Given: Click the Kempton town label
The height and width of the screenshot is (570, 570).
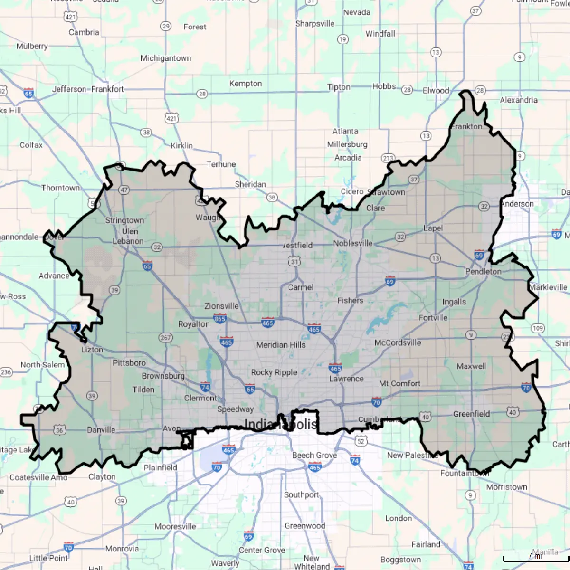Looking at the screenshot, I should click(x=246, y=84).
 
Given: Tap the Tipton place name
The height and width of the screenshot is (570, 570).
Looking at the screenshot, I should click(x=339, y=87).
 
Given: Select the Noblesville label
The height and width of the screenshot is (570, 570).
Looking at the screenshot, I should click(x=352, y=243).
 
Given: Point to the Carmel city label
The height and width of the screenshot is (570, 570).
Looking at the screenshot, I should click(x=301, y=287).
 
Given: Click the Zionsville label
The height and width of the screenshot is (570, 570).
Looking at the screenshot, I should click(x=221, y=306).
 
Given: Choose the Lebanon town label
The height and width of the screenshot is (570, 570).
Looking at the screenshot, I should click(x=128, y=241).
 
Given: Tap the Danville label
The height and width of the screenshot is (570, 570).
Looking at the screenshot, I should click(x=101, y=430).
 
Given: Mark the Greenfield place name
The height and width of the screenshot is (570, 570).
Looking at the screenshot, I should click(x=471, y=414).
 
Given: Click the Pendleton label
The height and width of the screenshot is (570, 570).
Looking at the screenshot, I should click(x=483, y=271).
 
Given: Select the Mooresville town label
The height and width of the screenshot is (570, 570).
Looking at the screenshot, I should click(x=175, y=526).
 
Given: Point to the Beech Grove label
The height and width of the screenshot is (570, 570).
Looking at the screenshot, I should click(x=314, y=455).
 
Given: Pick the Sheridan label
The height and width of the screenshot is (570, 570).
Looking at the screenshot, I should click(x=250, y=184).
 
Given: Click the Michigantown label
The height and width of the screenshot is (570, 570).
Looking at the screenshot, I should click(x=166, y=58).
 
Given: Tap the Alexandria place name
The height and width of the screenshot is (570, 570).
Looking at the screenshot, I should click(x=519, y=100).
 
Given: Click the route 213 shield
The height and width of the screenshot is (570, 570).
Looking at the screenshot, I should click(x=388, y=158).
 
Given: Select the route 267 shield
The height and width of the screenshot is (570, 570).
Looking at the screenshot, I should click(x=165, y=338).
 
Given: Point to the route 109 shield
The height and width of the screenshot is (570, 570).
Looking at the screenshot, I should click(x=538, y=328).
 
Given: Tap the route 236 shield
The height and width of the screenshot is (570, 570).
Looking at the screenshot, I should click(x=6, y=372).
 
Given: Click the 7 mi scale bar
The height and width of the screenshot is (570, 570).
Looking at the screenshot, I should click(x=535, y=559).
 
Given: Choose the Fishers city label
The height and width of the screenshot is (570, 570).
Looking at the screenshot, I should click(x=350, y=301).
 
